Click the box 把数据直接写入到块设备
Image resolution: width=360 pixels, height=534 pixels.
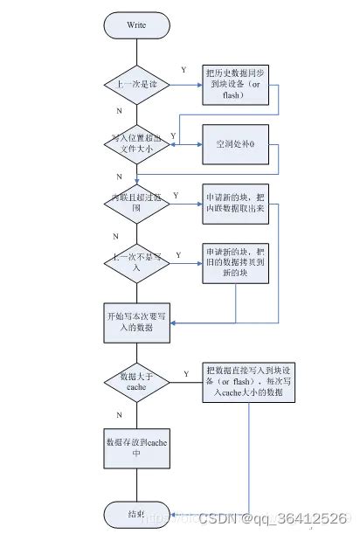(x=249, y=383)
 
